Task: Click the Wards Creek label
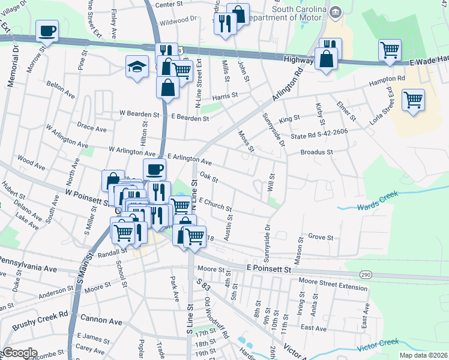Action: pyautogui.click(x=378, y=206)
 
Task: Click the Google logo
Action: pyautogui.click(x=19, y=353)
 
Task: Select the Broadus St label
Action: pyautogui.click(x=316, y=152)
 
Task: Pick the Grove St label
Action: pyautogui.click(x=320, y=237)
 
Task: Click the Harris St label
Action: pyautogui.click(x=225, y=95)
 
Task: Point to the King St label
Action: pyautogui.click(x=289, y=119)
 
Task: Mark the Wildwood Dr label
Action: pyautogui.click(x=178, y=19)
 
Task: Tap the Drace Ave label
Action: pyautogui.click(x=92, y=128)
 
